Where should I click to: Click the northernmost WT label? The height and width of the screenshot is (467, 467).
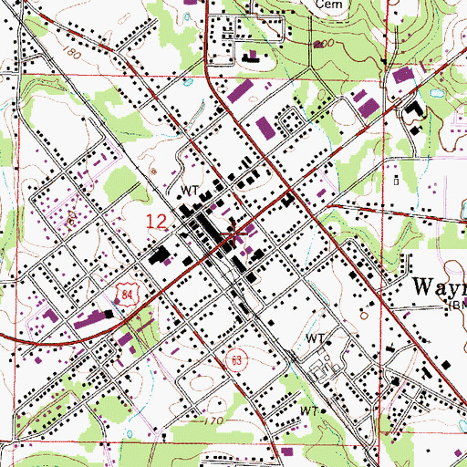click(x=190, y=190)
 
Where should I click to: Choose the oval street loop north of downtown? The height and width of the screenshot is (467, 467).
click(x=292, y=119)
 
